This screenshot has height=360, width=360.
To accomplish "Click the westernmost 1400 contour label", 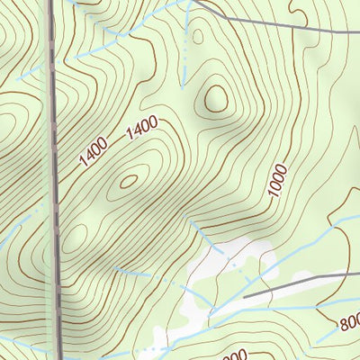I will (x=94, y=152).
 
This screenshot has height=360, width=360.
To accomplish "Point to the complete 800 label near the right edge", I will (x=349, y=320).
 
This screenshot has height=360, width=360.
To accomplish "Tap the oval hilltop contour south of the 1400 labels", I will (x=129, y=180).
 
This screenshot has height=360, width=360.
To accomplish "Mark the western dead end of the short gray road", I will (x=245, y=295).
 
